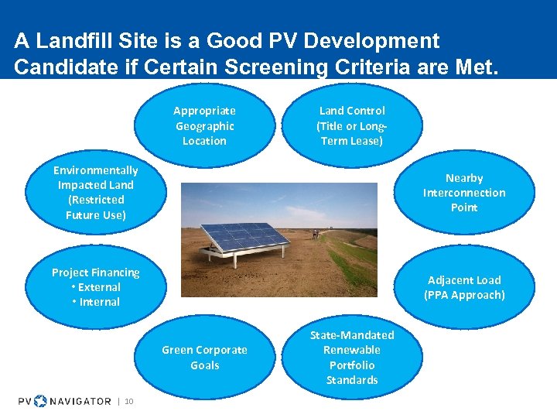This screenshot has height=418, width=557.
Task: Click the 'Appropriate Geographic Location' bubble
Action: click(x=204, y=125)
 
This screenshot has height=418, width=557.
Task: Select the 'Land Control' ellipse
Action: click(x=352, y=125)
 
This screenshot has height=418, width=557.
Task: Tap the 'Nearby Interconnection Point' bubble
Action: click(x=464, y=193)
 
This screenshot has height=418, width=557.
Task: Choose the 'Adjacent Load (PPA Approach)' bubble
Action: click(x=464, y=287)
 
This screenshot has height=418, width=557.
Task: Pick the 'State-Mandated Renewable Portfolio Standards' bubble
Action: click(x=352, y=357)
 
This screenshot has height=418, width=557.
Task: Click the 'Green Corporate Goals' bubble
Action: click(x=204, y=358)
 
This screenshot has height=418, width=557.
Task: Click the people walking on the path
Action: click(x=315, y=233)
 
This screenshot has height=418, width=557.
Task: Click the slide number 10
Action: click(x=129, y=401)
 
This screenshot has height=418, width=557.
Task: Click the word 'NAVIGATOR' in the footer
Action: click(x=80, y=401)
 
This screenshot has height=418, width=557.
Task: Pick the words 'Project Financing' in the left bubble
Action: click(x=95, y=272)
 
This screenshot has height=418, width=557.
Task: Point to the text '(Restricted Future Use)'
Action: click(x=95, y=207)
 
